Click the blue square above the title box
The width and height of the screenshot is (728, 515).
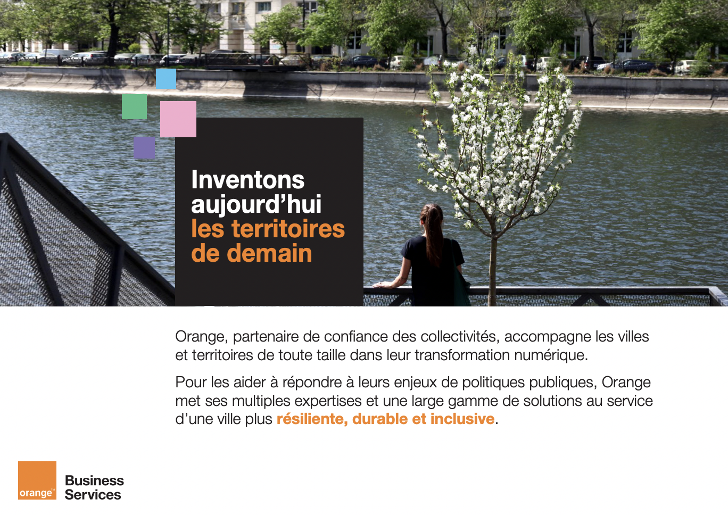(166, 79)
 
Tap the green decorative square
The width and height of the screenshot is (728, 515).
(134, 106)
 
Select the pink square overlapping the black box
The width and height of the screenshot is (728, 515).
(178, 119)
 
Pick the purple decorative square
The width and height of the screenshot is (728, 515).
(144, 147)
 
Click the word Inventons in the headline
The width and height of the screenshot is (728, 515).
(247, 180)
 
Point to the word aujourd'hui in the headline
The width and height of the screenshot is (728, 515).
(256, 205)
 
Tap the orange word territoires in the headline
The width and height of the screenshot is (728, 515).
(288, 229)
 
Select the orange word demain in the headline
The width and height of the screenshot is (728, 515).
(269, 253)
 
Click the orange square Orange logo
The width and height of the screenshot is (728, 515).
(37, 480)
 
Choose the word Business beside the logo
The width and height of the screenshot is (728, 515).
(94, 480)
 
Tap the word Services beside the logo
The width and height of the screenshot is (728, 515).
(93, 495)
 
